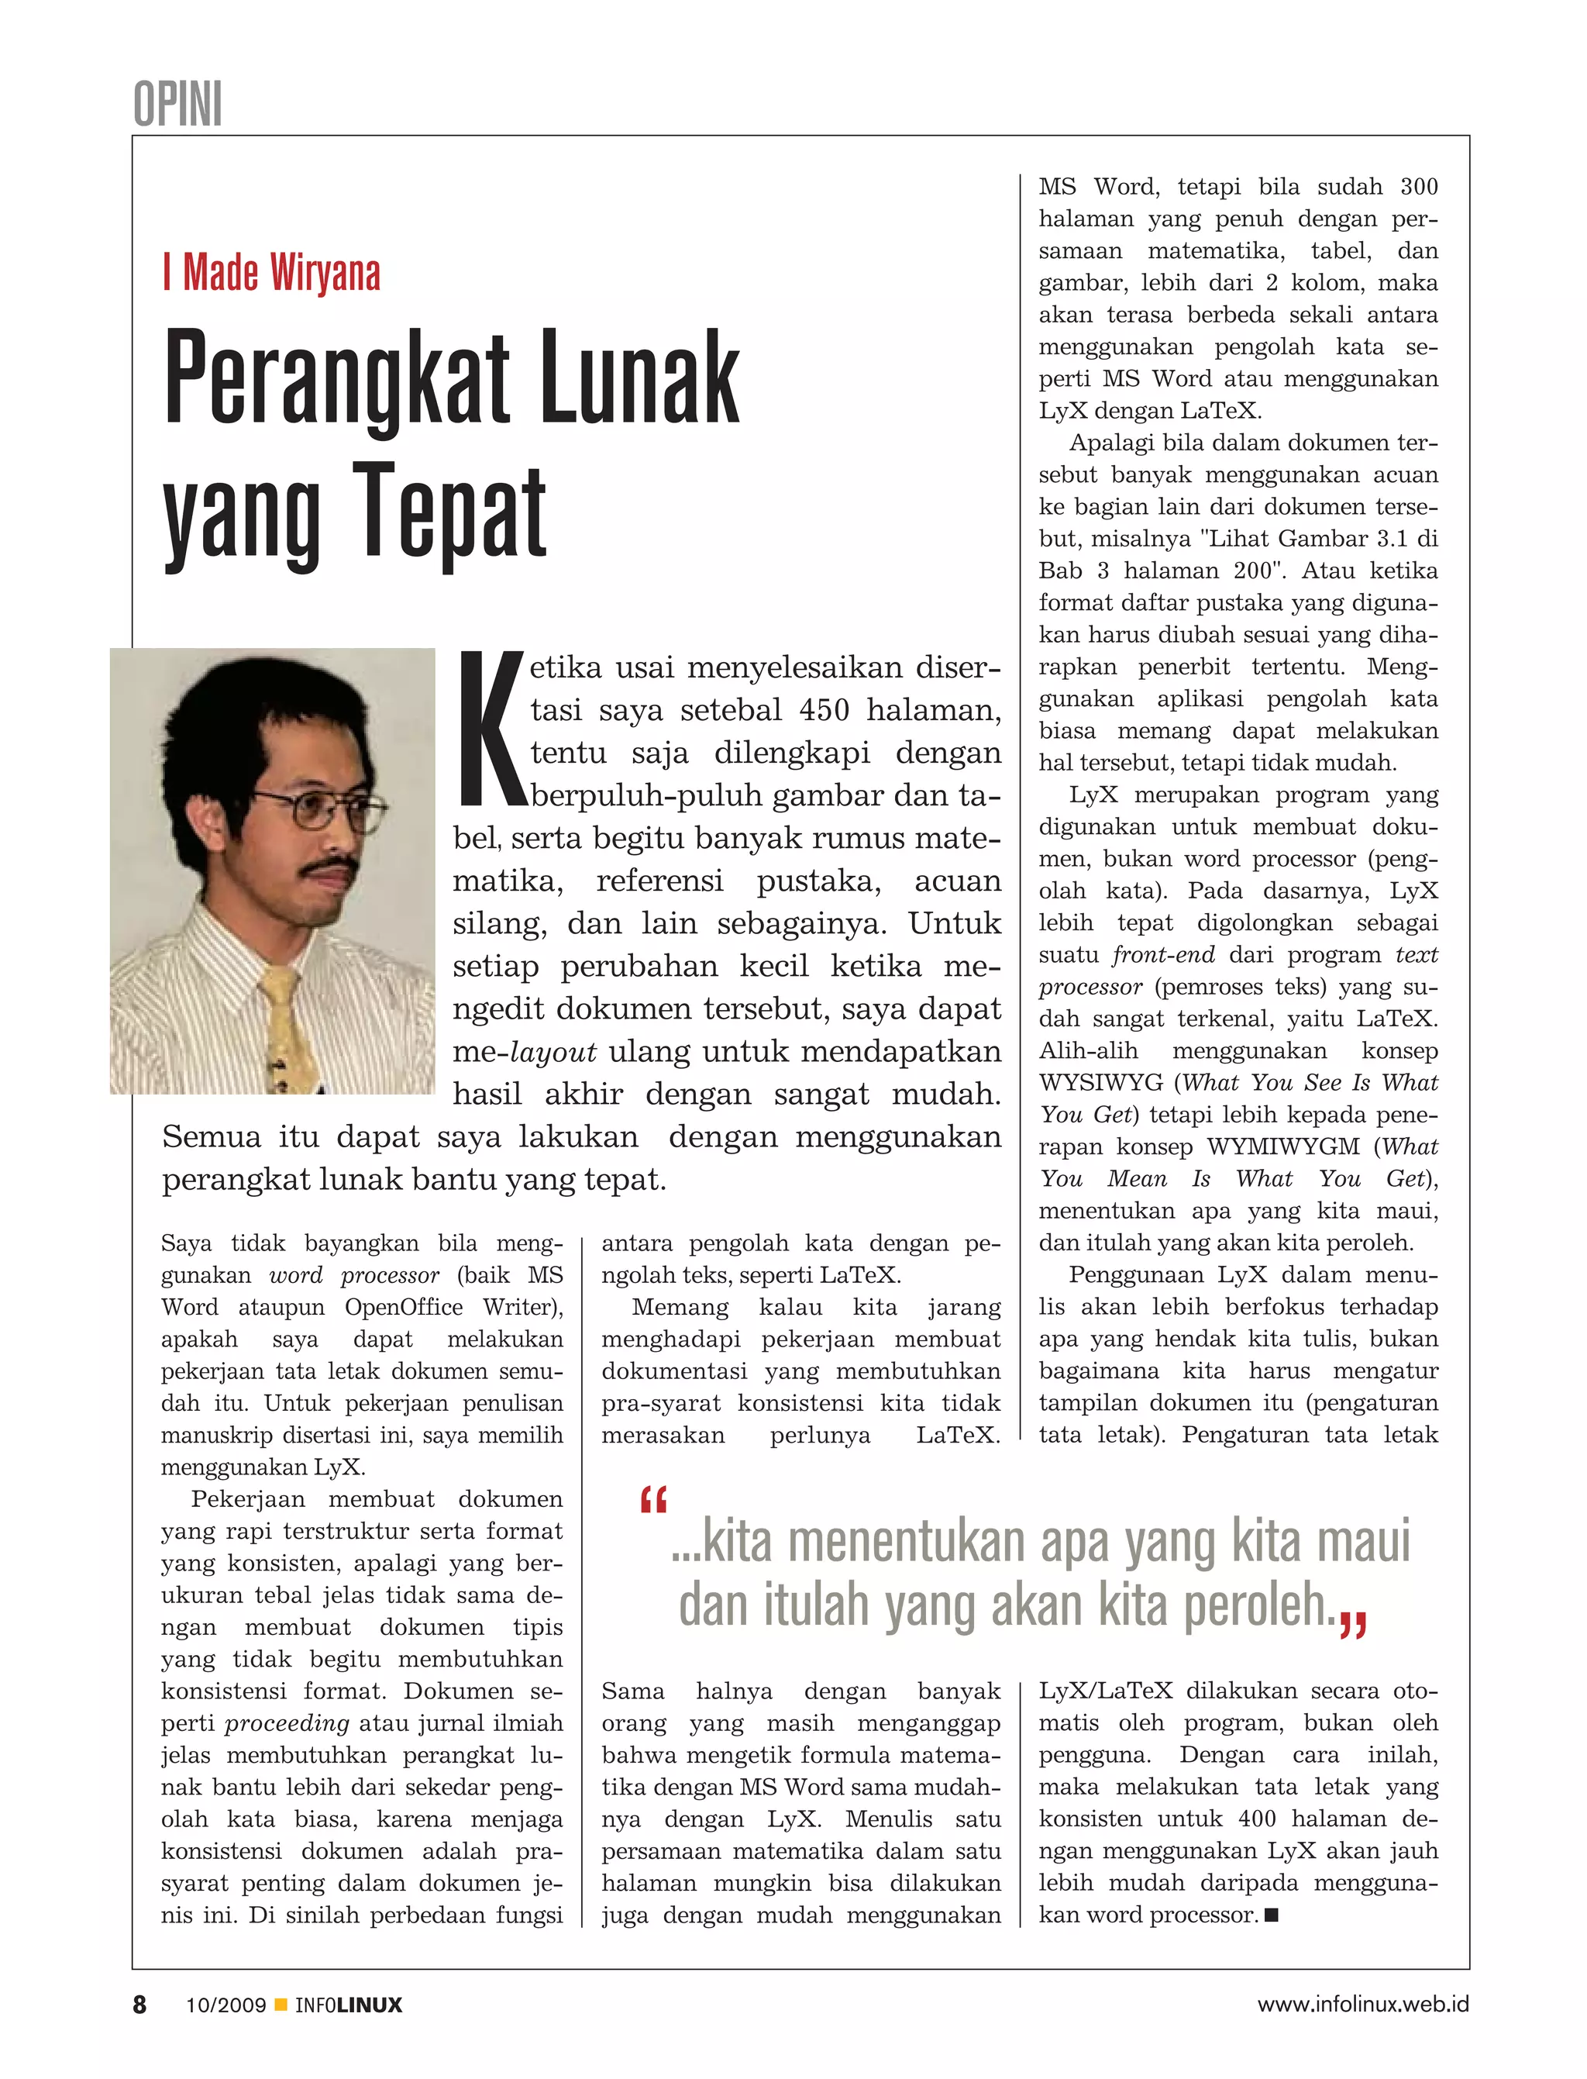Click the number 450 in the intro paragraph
click(825, 710)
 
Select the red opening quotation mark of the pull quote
click(652, 1500)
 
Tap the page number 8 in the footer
click(139, 2005)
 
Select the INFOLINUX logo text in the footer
click(349, 2005)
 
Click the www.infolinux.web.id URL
click(1362, 2005)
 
